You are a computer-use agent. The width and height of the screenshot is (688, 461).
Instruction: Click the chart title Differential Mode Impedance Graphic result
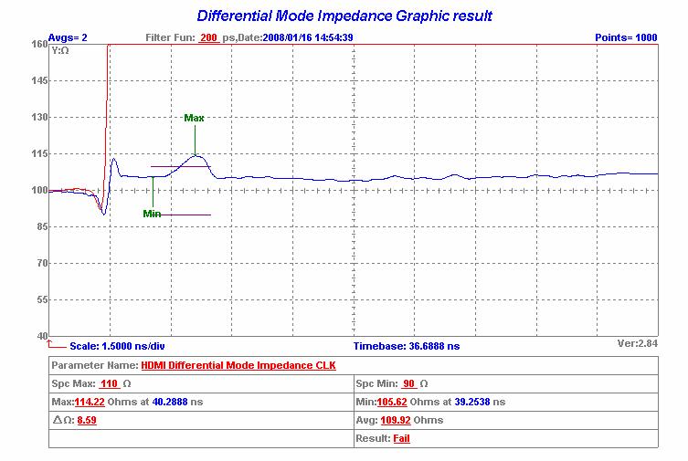point(344,16)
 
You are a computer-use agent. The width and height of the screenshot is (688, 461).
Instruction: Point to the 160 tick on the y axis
point(39,44)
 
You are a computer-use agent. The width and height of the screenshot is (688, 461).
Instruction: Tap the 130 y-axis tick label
point(39,118)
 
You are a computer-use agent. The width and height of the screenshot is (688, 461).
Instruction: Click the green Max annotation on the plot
point(194,118)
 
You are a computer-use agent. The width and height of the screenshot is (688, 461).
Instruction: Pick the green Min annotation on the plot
point(152,214)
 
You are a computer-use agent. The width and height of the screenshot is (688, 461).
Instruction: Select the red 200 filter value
point(208,37)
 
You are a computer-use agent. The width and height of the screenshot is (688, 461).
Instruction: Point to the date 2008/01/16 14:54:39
point(308,37)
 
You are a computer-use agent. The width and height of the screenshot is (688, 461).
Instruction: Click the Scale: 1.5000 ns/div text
point(116,347)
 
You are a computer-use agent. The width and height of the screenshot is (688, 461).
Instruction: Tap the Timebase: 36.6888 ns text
point(407,347)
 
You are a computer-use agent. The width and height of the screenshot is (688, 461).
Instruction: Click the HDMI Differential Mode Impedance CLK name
point(232,366)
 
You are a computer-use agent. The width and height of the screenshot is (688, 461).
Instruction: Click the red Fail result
point(402,439)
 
